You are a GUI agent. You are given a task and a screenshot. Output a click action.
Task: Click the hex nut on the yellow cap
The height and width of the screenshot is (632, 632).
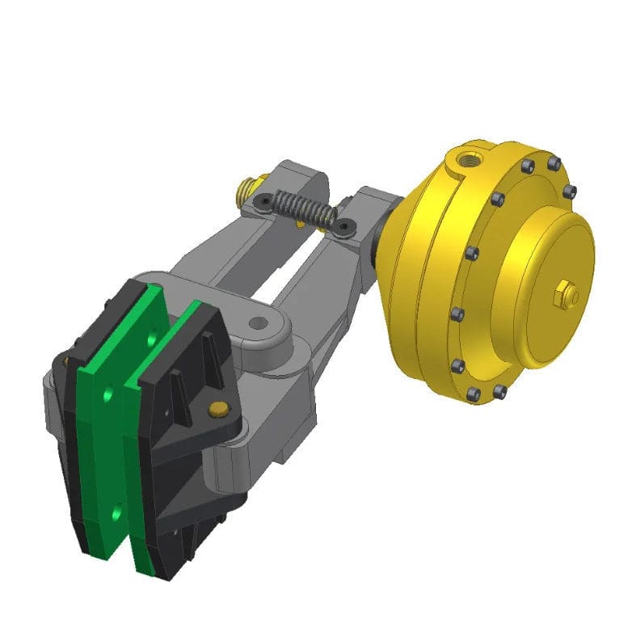[565, 296]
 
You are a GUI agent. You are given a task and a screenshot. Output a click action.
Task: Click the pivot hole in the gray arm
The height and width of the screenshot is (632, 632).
[259, 325]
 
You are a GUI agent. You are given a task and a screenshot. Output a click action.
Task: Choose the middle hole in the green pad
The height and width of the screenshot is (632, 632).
[109, 394]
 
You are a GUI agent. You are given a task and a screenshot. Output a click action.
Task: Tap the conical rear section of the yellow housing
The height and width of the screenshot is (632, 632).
[408, 242]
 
